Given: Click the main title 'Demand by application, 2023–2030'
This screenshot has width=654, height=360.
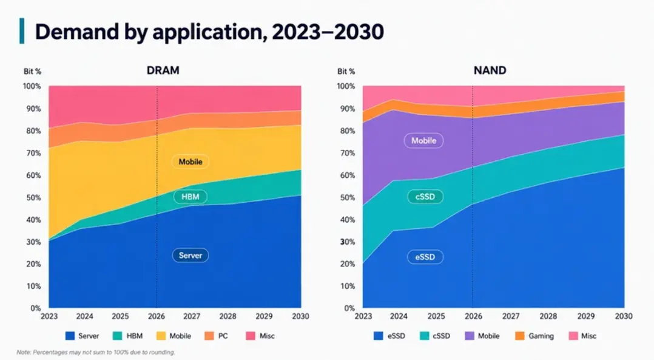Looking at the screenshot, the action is (209, 32).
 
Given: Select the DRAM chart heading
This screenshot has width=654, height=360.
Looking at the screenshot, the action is (163, 70).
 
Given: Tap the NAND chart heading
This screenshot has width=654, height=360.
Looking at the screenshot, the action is (490, 70).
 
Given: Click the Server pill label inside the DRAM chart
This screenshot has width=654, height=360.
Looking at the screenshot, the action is (190, 256).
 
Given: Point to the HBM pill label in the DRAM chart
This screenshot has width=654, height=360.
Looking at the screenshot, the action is (190, 197).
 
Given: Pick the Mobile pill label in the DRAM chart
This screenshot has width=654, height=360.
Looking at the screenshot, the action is (190, 162).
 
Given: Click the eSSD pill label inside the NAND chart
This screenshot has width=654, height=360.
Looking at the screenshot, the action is (425, 257).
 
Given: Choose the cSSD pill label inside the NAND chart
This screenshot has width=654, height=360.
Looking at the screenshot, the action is (425, 197).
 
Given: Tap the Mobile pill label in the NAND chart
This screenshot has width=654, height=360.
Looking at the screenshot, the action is (423, 141).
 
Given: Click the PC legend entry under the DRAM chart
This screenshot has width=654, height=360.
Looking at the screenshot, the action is (217, 336).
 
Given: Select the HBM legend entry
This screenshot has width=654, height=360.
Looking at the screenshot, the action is (127, 336).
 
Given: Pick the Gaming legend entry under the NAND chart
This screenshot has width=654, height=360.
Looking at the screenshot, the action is (534, 336).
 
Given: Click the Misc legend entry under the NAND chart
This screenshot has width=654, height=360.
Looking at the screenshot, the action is (582, 336).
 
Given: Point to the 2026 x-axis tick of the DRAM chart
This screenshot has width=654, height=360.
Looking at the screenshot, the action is (157, 316).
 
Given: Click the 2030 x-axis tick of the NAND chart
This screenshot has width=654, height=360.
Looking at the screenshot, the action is (624, 316).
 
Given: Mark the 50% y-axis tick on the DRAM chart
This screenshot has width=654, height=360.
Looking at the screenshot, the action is (33, 197).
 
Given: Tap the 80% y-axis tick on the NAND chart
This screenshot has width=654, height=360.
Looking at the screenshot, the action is (346, 131).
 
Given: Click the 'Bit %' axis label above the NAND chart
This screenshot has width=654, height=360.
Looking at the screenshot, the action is (346, 72).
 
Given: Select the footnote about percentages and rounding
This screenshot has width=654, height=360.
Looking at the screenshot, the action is (96, 352).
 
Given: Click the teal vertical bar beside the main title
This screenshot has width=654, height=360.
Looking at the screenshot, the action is (22, 31).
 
